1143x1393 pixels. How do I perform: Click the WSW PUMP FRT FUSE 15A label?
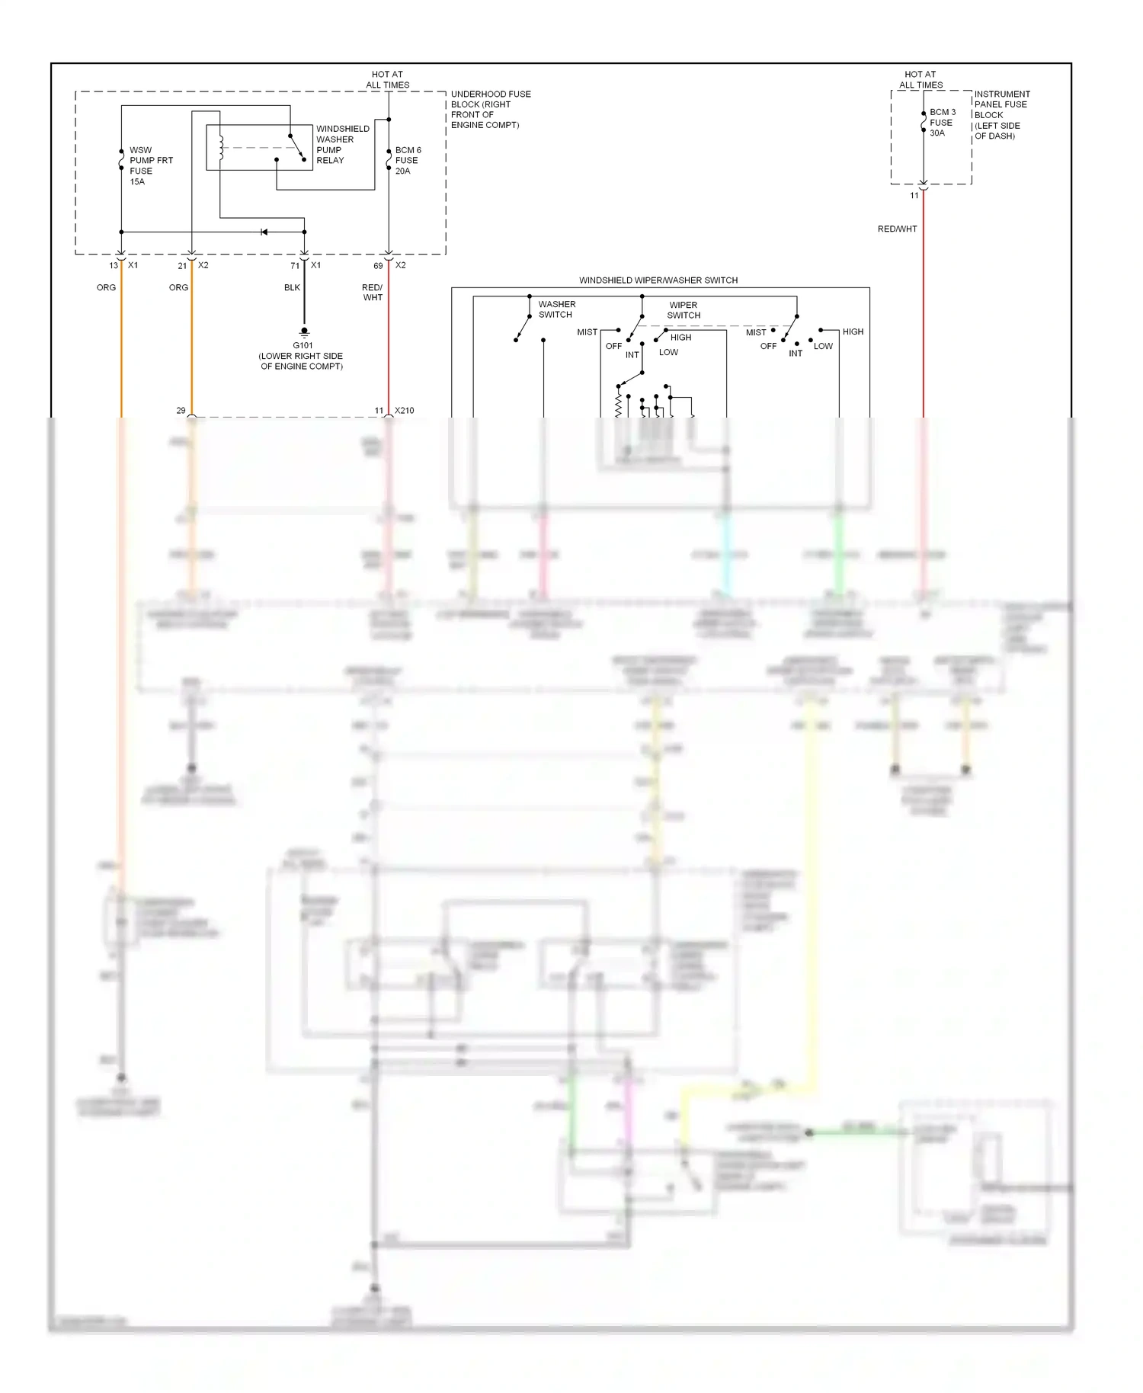click(x=150, y=165)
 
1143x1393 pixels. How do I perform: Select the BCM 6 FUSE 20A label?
click(x=408, y=160)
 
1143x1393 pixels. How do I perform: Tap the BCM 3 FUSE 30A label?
click(x=942, y=122)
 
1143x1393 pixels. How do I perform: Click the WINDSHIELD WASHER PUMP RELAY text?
click(x=342, y=144)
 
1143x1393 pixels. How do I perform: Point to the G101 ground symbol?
click(x=304, y=332)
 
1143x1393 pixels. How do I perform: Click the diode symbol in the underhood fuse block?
click(x=264, y=232)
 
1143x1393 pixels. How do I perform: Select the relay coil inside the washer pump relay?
click(x=221, y=148)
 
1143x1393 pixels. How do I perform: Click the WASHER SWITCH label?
click(x=556, y=309)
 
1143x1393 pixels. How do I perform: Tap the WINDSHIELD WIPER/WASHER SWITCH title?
click(x=658, y=280)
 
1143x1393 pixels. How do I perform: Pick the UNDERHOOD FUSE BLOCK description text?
click(x=490, y=109)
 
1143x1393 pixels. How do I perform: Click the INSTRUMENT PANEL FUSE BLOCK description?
click(x=1001, y=114)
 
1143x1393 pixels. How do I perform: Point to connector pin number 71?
click(x=295, y=266)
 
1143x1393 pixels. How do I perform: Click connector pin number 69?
click(x=378, y=266)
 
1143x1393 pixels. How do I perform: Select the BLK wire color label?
click(x=292, y=287)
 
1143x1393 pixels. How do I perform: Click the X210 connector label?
click(x=404, y=410)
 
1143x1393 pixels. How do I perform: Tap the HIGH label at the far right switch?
click(x=853, y=331)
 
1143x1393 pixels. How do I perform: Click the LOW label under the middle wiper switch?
click(x=668, y=352)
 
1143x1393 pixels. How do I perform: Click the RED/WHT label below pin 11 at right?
click(x=897, y=229)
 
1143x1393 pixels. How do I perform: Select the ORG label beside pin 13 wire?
click(x=106, y=287)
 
